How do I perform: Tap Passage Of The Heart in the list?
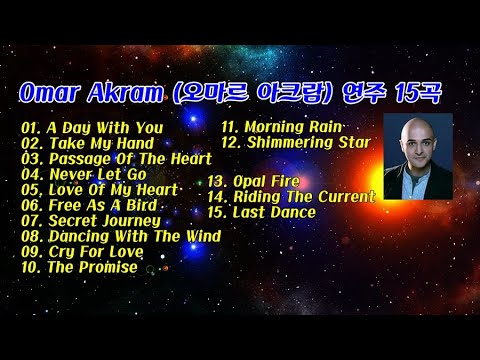(129, 158)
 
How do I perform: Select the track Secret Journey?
(104, 220)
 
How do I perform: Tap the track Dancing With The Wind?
(127, 236)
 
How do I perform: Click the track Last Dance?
(274, 212)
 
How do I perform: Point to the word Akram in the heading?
(129, 93)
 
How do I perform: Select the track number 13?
(217, 182)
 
